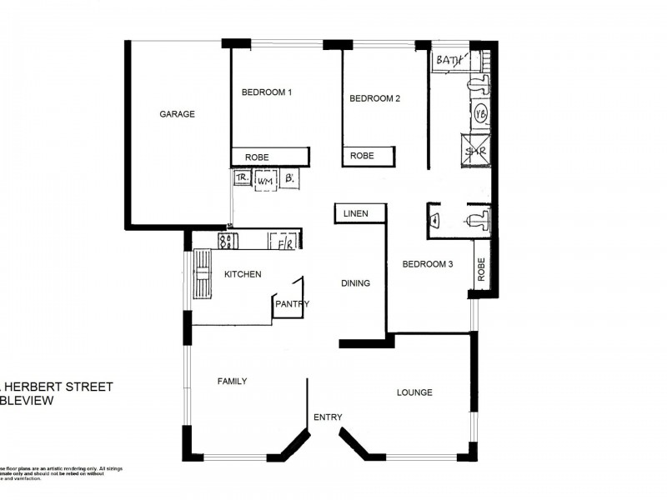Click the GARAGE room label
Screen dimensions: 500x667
(177, 114)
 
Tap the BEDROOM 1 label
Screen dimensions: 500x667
(266, 92)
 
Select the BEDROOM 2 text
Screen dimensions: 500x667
(374, 98)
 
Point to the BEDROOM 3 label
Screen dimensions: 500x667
(427, 265)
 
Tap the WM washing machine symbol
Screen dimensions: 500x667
(265, 179)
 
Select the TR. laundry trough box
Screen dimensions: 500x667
(242, 178)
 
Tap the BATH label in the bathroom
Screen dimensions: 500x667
(448, 61)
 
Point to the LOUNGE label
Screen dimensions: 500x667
(414, 392)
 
